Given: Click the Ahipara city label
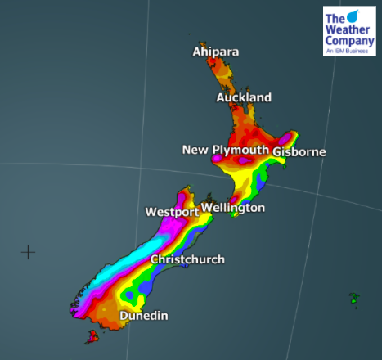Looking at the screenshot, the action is pyautogui.click(x=216, y=52).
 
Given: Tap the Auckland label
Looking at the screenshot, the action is pyautogui.click(x=244, y=98).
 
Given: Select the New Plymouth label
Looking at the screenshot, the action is pyautogui.click(x=225, y=150).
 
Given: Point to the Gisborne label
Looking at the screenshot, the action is pyautogui.click(x=299, y=152).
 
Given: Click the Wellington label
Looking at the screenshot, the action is pyautogui.click(x=233, y=208).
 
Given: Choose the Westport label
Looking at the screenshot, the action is pyautogui.click(x=172, y=213).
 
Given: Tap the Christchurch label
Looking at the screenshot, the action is pyautogui.click(x=187, y=260).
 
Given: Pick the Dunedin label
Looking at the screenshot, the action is pyautogui.click(x=144, y=316).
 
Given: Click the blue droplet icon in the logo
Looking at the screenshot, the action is pyautogui.click(x=353, y=16).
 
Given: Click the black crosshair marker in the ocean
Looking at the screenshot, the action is pyautogui.click(x=28, y=252).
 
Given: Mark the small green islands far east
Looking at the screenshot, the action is pyautogui.click(x=354, y=298).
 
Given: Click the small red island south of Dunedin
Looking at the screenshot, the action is pyautogui.click(x=92, y=335).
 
